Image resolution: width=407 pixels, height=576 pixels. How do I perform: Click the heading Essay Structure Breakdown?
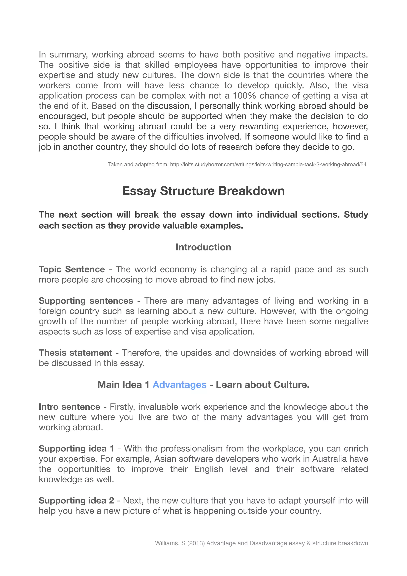203,191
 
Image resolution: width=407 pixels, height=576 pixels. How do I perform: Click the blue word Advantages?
179,385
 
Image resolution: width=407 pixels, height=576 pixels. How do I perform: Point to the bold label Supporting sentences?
86,301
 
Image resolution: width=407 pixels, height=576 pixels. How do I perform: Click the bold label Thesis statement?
75,353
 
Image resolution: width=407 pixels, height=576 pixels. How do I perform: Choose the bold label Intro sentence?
70,407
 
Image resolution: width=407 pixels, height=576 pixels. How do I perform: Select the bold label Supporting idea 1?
76,448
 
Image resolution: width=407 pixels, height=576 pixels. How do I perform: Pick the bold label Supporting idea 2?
76,500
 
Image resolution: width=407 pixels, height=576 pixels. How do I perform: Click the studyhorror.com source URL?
268,165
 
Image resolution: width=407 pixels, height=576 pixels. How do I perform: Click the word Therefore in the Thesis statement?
142,353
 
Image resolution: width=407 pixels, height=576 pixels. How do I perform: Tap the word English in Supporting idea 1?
209,469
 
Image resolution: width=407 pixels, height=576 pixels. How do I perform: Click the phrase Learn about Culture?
263,385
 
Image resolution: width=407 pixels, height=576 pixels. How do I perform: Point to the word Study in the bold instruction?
356,214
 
